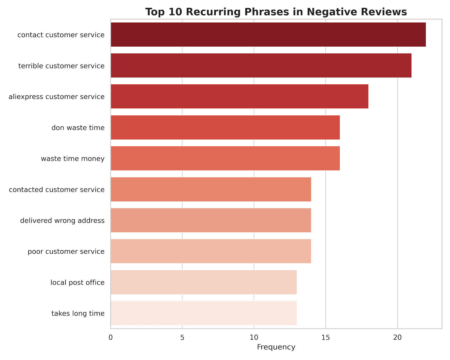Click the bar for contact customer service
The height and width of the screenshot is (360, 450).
[268, 35]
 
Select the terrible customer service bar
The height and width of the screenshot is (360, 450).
[261, 66]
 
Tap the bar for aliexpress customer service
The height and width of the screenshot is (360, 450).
[239, 96]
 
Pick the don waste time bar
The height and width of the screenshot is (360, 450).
[225, 127]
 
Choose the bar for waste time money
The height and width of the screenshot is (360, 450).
[225, 158]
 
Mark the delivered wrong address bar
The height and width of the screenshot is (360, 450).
[211, 220]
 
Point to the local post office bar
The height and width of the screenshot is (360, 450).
[204, 282]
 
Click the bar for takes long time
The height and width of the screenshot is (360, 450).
[204, 313]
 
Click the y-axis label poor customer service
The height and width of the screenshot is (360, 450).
[66, 251]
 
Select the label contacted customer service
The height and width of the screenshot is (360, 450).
[57, 190]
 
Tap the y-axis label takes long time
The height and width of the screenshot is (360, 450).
[78, 313]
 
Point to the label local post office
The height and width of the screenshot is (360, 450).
[78, 282]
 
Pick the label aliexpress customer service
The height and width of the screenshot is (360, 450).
[57, 97]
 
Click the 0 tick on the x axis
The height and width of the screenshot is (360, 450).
[111, 337]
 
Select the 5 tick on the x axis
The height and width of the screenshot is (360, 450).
[182, 337]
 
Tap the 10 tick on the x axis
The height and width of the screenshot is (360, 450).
[254, 337]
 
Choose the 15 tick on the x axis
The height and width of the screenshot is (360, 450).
[326, 337]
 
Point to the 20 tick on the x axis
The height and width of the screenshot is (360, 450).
[397, 337]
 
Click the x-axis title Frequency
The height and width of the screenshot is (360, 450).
[276, 347]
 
